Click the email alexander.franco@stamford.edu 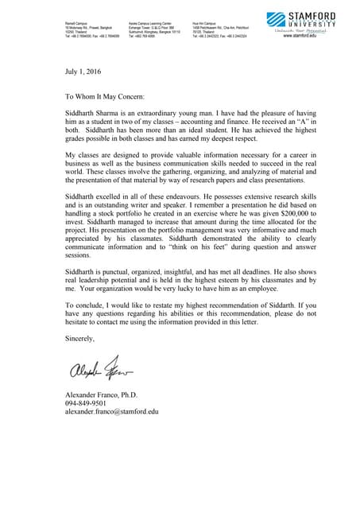(112, 412)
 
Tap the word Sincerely (79, 339)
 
